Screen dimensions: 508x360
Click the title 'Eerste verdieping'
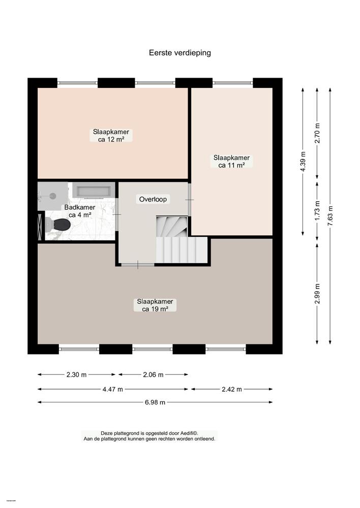pos(179,52)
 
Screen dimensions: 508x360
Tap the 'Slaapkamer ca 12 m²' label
pos(110,135)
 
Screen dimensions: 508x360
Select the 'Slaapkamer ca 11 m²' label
pos(231,161)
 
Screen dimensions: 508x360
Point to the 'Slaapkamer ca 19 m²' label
pos(155,305)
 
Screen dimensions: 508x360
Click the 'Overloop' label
pos(153,199)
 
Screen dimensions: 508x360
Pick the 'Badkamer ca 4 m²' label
pos(79,211)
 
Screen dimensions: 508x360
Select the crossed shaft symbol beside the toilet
pos(41,225)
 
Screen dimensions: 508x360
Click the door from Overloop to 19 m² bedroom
pos(138,264)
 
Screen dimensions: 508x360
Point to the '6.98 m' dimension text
pos(155,402)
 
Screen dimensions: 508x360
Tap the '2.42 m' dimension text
pos(231,389)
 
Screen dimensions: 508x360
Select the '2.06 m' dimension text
pos(153,375)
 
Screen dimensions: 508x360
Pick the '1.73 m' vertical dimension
pos(317,210)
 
